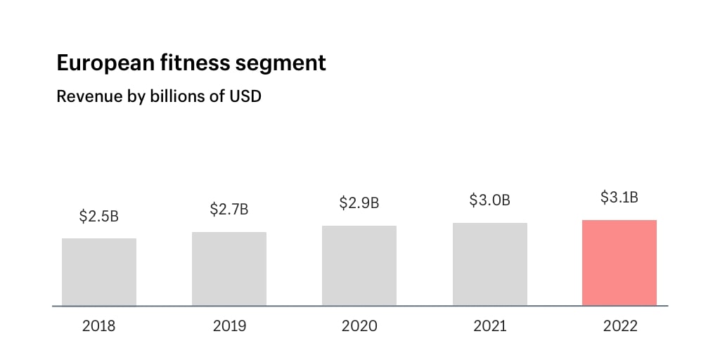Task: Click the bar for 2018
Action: click(99, 272)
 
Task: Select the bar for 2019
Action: click(229, 269)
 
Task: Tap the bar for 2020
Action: click(359, 266)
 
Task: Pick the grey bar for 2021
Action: click(490, 264)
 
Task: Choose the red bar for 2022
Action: click(619, 263)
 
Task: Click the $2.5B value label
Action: click(99, 216)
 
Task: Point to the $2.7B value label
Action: click(229, 209)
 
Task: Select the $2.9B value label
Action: click(359, 203)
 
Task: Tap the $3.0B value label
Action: click(490, 200)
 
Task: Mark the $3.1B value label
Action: click(619, 198)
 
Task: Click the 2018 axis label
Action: click(99, 326)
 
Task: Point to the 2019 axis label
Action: click(229, 326)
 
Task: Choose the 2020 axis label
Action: click(359, 326)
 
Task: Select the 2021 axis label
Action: click(490, 326)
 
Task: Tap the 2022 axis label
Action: click(619, 326)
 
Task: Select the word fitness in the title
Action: click(191, 63)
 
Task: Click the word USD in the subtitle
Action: click(245, 96)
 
